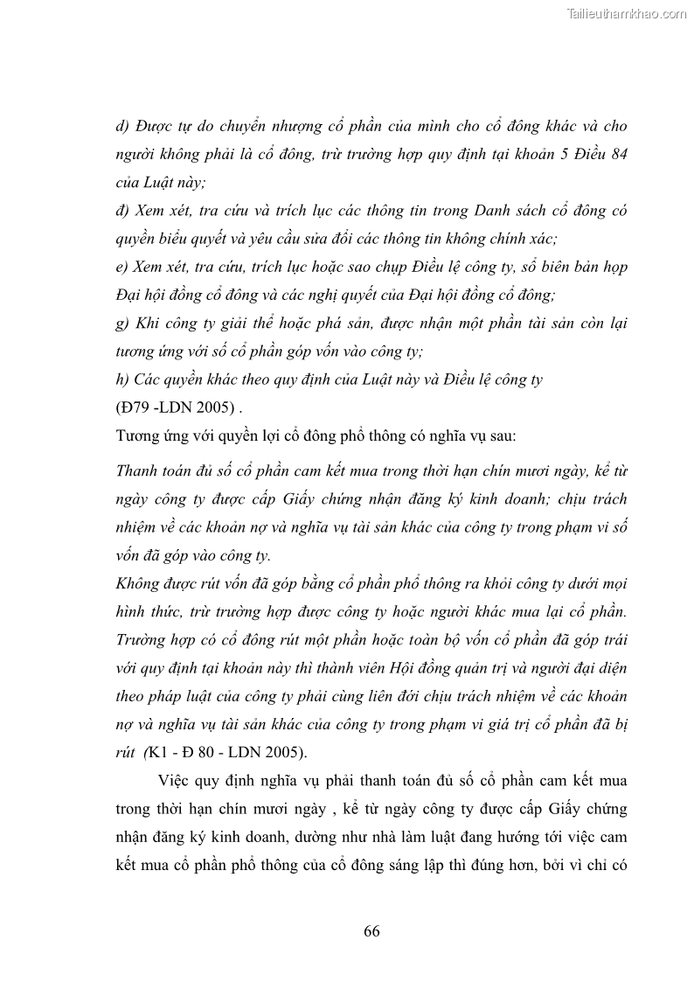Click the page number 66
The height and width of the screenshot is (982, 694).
(371, 930)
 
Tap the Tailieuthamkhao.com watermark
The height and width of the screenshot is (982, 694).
(627, 13)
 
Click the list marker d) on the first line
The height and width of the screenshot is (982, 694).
(123, 126)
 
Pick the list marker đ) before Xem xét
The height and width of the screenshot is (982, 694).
(123, 211)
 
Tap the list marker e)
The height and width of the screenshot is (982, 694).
(122, 267)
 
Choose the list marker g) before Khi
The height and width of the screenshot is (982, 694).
(122, 324)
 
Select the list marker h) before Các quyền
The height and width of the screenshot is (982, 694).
(123, 380)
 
